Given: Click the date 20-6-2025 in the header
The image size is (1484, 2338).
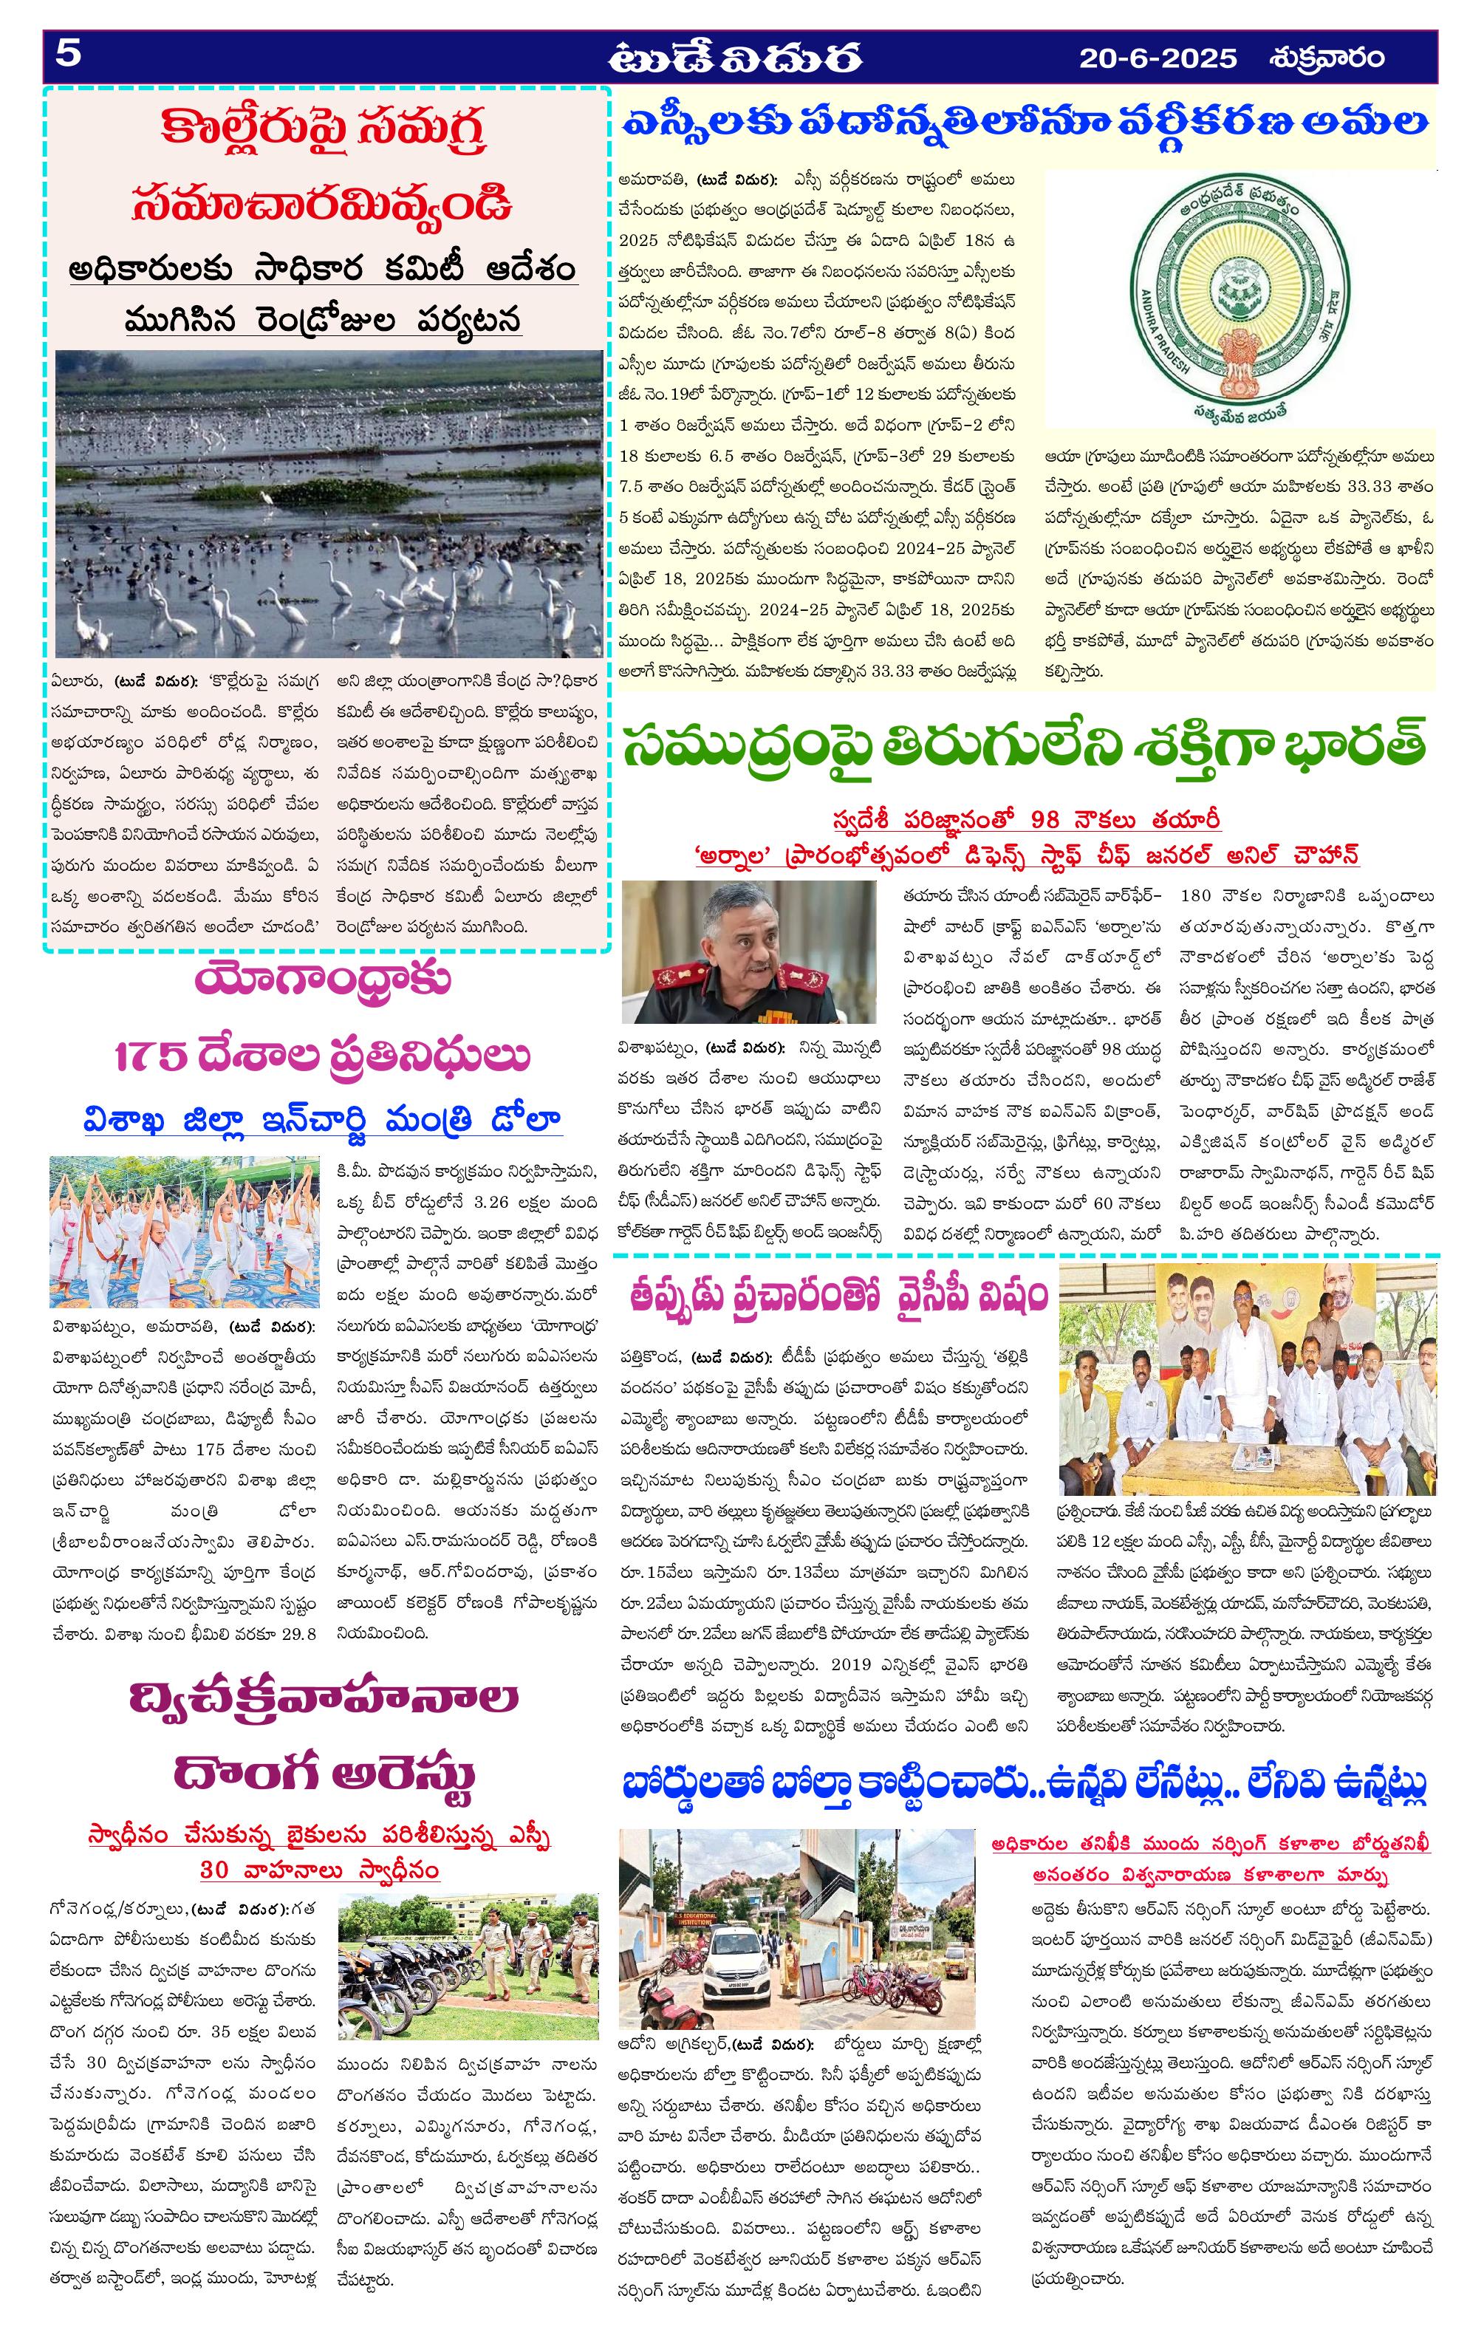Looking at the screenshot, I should pos(1158,58).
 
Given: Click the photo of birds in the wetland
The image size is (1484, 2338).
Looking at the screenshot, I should pos(328,503).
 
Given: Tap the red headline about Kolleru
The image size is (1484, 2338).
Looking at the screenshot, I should pos(323,167).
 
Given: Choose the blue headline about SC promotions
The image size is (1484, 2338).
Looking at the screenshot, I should pos(1025,123).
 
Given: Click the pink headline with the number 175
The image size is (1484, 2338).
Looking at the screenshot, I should pos(323,1056).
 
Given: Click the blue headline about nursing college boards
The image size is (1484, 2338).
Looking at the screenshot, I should pos(1025,1783).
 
